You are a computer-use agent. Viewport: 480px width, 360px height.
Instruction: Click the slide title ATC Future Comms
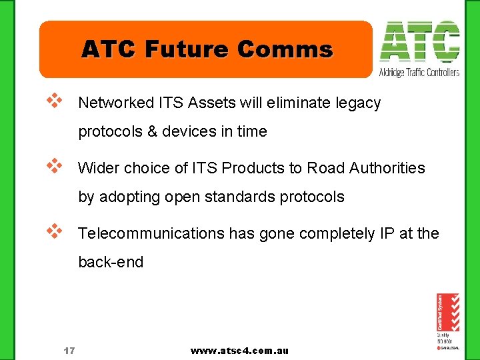207,49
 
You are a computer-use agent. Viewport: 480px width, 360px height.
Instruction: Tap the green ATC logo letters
419,41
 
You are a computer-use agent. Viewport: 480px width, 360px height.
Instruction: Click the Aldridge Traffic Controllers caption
419,72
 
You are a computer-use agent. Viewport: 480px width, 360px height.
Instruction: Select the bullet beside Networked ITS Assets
54,101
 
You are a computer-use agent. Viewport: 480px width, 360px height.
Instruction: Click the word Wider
97,168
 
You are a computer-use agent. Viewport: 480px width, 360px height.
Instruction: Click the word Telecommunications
151,233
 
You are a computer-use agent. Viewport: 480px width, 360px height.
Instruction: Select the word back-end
111,262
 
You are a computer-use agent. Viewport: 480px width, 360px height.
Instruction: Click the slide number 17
69,351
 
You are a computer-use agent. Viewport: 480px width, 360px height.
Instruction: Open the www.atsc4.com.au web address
239,351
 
